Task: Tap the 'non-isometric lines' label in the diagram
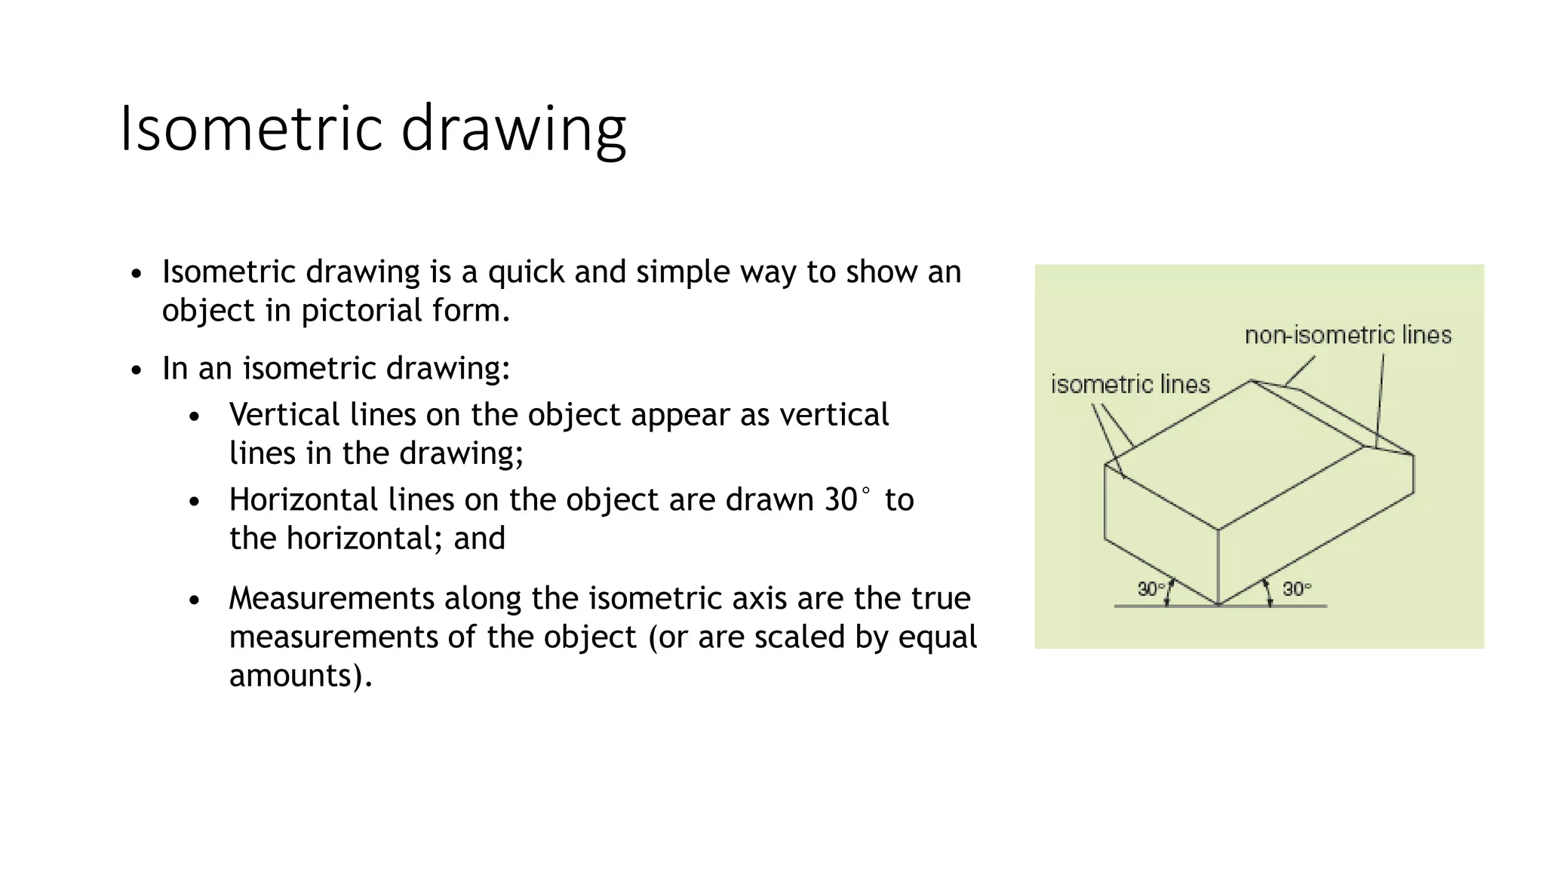[x=1347, y=335]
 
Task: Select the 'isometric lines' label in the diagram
[x=1130, y=385]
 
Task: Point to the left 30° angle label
[x=1150, y=588]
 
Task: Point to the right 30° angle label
[x=1297, y=588]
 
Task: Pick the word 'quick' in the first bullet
[x=527, y=272]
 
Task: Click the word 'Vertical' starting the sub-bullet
[x=284, y=415]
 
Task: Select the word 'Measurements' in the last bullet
[x=331, y=598]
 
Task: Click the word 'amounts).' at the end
[x=300, y=675]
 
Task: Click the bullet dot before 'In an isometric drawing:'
[x=136, y=371]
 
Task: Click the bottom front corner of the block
[x=1218, y=604]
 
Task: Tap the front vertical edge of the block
[x=1218, y=566]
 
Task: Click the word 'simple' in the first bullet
[x=683, y=272]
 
